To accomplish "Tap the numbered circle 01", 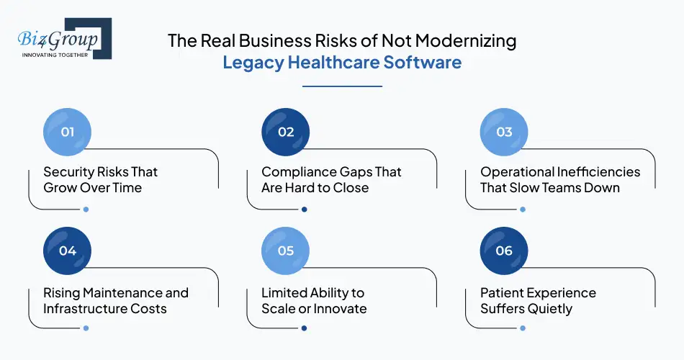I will [68, 132].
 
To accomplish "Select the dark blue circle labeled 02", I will [286, 132].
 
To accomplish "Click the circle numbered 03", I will [504, 132].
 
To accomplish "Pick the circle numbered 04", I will [68, 251].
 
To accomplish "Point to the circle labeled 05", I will [286, 251].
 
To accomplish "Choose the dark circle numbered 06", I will [504, 251].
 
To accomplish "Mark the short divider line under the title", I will [342, 86].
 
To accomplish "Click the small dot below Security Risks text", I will [86, 210].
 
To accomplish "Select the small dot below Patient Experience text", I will [523, 328].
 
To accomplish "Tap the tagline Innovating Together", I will [55, 54].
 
